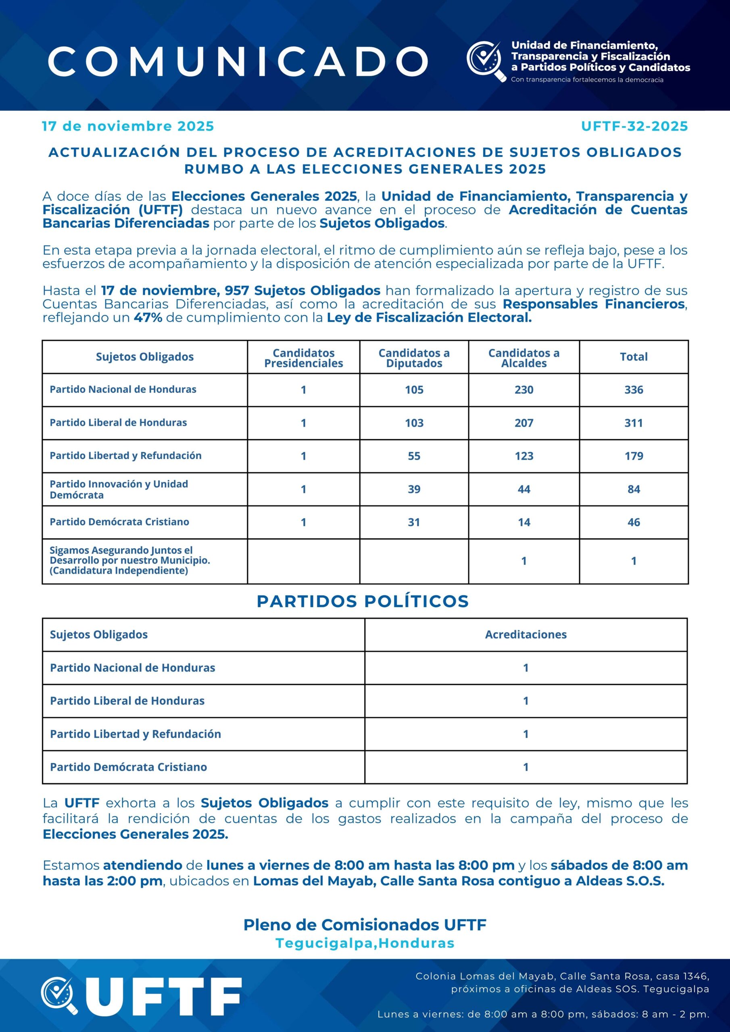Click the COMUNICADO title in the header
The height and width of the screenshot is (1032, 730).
pyautogui.click(x=238, y=61)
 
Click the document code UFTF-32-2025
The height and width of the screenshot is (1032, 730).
pyautogui.click(x=634, y=126)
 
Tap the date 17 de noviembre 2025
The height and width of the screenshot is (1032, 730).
pyautogui.click(x=128, y=126)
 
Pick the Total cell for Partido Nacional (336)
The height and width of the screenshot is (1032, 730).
pyautogui.click(x=633, y=390)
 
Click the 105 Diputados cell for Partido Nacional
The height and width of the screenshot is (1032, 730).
pyautogui.click(x=414, y=390)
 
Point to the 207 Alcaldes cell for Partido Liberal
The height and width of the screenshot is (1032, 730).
pyautogui.click(x=524, y=423)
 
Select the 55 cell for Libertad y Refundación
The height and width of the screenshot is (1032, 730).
pyautogui.click(x=414, y=456)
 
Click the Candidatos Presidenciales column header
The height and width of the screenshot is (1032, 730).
pyautogui.click(x=304, y=358)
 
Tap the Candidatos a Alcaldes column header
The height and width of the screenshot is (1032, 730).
pyautogui.click(x=524, y=358)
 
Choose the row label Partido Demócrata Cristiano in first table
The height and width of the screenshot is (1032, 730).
pyautogui.click(x=119, y=522)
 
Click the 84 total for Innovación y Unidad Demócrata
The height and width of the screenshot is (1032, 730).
pyautogui.click(x=633, y=489)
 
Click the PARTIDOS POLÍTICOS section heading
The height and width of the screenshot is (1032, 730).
pyautogui.click(x=363, y=601)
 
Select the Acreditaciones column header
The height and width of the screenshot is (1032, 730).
pyautogui.click(x=526, y=634)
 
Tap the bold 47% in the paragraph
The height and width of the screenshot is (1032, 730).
pyautogui.click(x=148, y=318)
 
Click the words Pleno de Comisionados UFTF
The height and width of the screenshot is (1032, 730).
pyautogui.click(x=365, y=925)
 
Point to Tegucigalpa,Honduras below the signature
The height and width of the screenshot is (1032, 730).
pyautogui.click(x=365, y=943)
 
